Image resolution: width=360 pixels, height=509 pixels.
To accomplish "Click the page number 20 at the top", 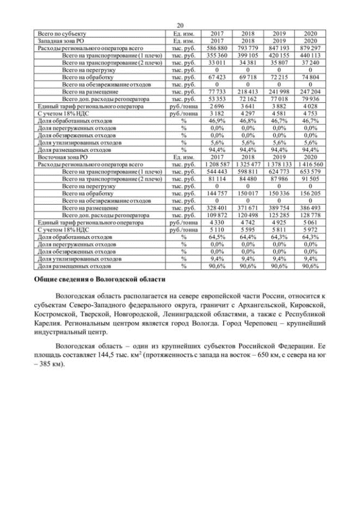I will click(x=180, y=26).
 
